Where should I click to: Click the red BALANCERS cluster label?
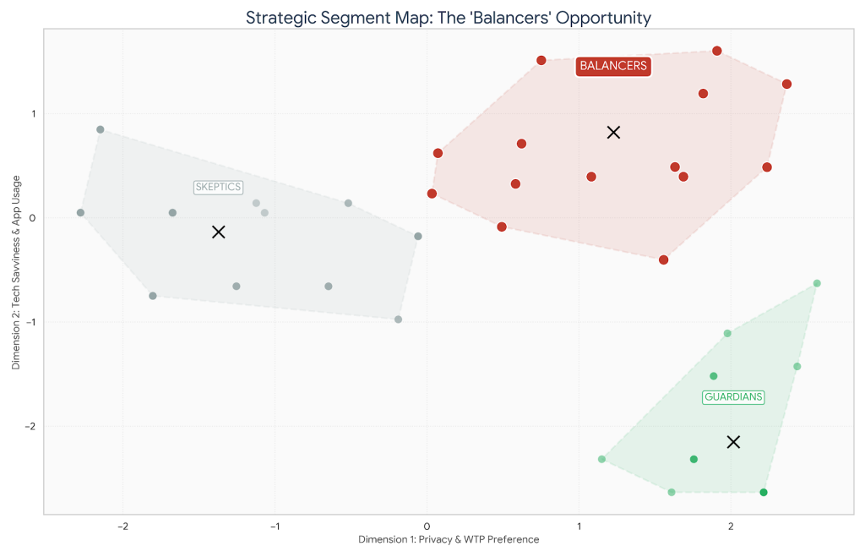(613, 66)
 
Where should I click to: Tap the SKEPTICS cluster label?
(218, 187)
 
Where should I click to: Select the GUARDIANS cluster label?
(733, 396)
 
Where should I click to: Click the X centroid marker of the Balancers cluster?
(614, 132)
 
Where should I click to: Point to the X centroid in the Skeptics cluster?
(219, 232)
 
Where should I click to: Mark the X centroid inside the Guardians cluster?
(733, 442)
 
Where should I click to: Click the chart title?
(449, 17)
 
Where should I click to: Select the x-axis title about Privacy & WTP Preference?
(449, 539)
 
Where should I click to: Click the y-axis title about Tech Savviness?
(16, 272)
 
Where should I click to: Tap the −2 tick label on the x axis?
(122, 526)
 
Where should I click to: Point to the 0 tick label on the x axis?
(427, 526)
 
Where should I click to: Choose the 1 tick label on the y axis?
(34, 114)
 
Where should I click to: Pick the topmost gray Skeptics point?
(101, 129)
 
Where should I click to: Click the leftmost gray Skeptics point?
(80, 213)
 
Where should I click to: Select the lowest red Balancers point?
(664, 259)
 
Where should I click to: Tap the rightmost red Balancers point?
(786, 84)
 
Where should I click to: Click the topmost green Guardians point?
(817, 283)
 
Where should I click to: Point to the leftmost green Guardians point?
(602, 459)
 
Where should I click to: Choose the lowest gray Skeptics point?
(398, 319)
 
